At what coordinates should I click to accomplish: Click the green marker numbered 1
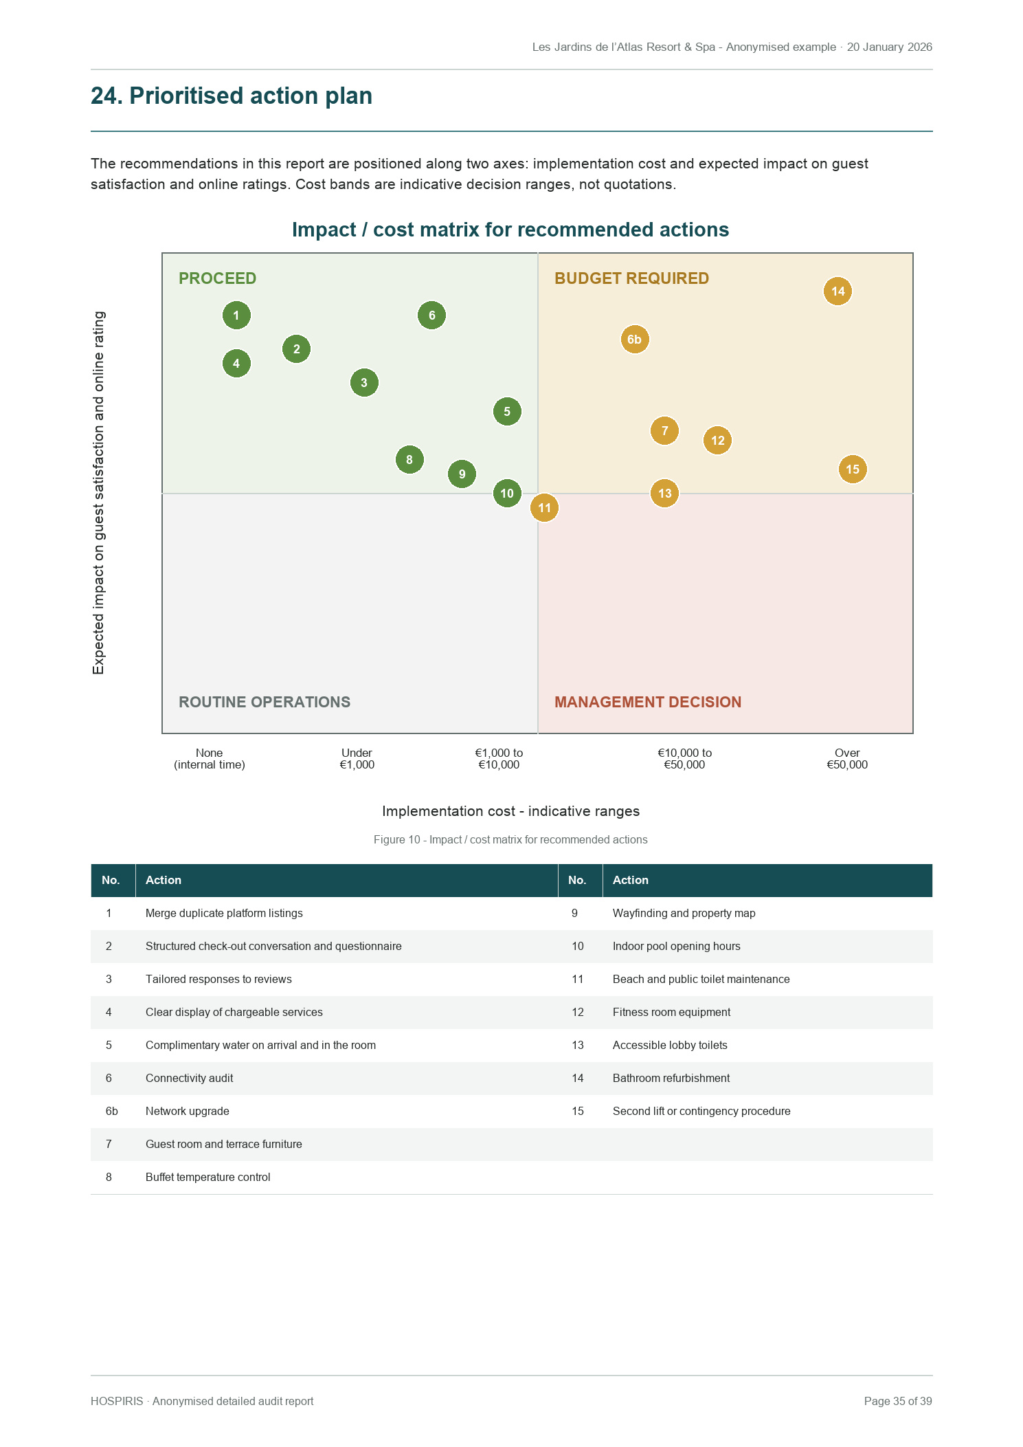tap(236, 316)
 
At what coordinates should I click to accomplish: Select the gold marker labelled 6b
tap(635, 340)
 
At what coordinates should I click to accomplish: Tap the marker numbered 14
tap(837, 291)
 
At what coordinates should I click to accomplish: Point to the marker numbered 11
tap(544, 508)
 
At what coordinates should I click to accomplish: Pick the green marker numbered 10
tap(507, 494)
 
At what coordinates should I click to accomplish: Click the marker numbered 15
tap(853, 470)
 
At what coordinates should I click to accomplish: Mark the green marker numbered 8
tap(409, 460)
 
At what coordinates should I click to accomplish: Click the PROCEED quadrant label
tap(217, 278)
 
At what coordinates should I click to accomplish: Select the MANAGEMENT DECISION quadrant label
tap(648, 702)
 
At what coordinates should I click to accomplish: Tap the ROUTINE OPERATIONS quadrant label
tap(265, 702)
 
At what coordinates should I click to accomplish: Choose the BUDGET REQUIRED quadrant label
tap(631, 278)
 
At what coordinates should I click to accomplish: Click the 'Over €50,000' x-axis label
tap(847, 759)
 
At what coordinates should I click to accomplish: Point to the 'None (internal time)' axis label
tap(210, 759)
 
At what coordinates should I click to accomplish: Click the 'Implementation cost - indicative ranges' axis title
tap(510, 811)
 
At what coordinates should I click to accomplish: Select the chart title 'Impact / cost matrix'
tap(510, 230)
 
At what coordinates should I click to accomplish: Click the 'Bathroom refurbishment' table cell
tap(671, 1078)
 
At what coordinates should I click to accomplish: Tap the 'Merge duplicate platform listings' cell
tap(224, 913)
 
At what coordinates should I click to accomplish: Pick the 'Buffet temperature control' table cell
tap(207, 1177)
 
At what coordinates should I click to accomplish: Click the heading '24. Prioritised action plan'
tap(232, 96)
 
